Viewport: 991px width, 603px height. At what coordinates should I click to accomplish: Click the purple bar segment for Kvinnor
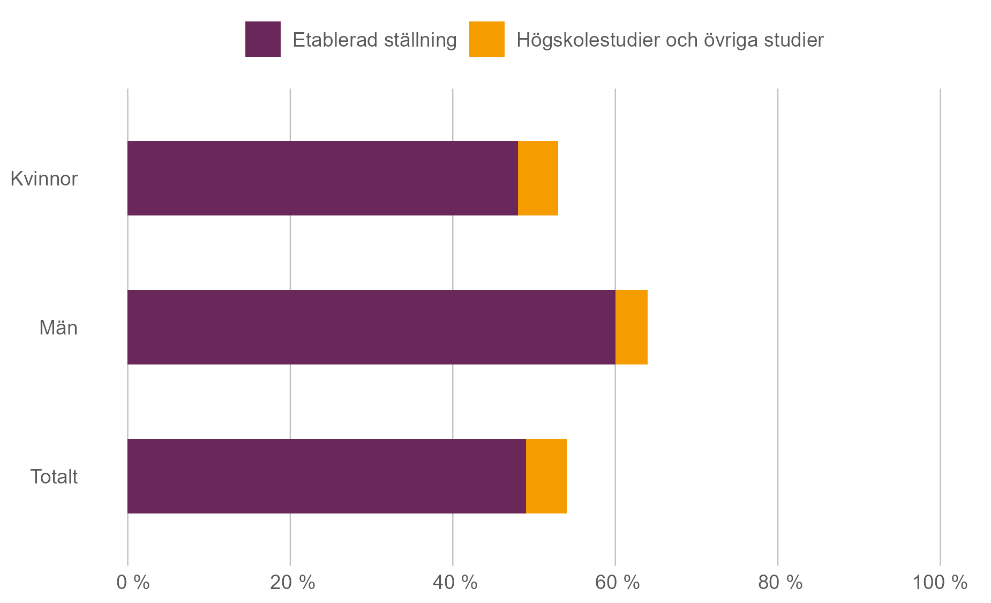(322, 178)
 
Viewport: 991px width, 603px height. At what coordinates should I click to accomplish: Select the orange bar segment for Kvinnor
(538, 178)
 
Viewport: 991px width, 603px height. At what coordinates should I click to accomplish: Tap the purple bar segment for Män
(371, 327)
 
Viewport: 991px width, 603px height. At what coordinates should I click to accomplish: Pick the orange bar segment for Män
(632, 327)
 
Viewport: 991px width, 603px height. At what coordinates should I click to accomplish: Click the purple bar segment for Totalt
(327, 476)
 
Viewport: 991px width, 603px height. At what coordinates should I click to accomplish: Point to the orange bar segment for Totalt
(546, 476)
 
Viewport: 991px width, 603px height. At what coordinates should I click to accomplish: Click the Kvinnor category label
(44, 178)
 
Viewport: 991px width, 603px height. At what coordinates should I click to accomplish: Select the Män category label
(58, 327)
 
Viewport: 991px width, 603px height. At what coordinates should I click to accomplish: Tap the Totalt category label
(54, 477)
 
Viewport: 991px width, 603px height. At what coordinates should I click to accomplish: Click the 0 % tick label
(133, 582)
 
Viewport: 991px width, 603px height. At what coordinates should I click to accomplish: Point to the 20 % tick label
(292, 582)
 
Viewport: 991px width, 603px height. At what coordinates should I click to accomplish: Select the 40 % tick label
(455, 582)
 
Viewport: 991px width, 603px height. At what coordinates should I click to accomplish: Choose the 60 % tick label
(618, 582)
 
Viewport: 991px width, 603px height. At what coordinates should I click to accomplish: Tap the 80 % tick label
(780, 582)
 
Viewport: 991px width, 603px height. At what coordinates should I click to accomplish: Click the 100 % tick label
(940, 582)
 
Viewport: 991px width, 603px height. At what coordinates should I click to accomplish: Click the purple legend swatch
(262, 39)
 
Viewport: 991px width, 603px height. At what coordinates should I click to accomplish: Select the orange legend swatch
(486, 39)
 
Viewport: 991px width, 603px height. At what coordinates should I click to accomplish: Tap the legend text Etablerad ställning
(374, 40)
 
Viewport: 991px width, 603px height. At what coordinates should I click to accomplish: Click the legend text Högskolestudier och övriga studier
(670, 40)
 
